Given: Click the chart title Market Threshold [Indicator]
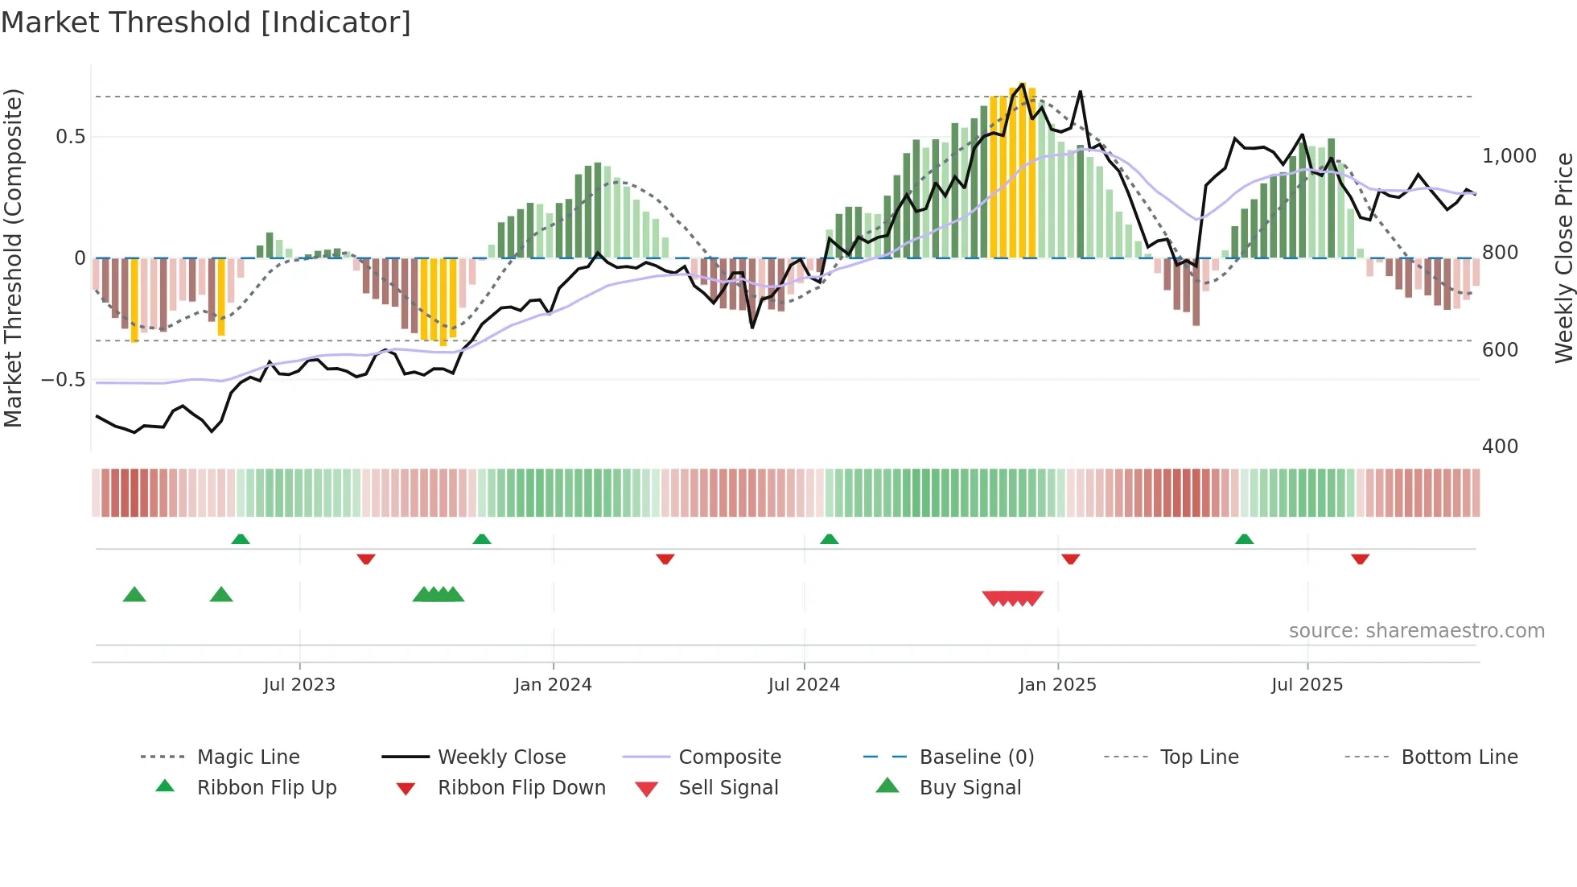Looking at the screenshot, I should point(206,23).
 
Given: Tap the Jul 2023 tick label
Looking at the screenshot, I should point(299,685).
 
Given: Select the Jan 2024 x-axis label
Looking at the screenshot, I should point(553,685).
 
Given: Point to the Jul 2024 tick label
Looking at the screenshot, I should point(804,685).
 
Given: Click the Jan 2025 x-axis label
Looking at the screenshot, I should point(1057,685).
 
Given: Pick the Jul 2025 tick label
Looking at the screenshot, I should point(1307,685).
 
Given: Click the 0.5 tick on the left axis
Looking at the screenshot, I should point(71,137).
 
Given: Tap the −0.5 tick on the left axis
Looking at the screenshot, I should point(64,380).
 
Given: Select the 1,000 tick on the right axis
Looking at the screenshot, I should point(1509,156).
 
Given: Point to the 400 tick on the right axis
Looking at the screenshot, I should point(1501,447).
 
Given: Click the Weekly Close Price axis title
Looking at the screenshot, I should point(1563,258).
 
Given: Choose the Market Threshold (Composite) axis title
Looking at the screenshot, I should point(13,258).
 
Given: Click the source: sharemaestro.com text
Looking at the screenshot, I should point(1416,631).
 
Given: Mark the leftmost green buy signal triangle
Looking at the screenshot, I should point(134,595).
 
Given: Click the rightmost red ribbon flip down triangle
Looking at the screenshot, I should point(1361,559).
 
